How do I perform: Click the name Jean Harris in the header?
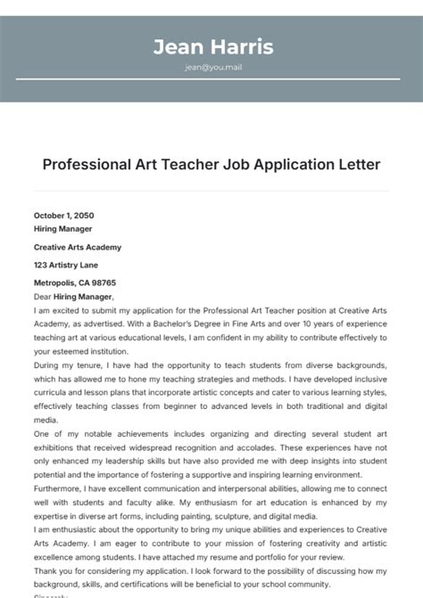tap(212, 46)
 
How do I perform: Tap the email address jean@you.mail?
tap(212, 67)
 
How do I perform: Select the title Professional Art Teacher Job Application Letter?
tap(211, 165)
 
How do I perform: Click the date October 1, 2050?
tap(63, 216)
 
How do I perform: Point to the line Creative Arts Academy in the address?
tap(78, 247)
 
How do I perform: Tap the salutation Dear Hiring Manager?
tap(74, 296)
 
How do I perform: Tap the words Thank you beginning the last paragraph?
tap(52, 570)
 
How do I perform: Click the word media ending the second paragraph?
tap(45, 419)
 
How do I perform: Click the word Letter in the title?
tap(359, 165)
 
